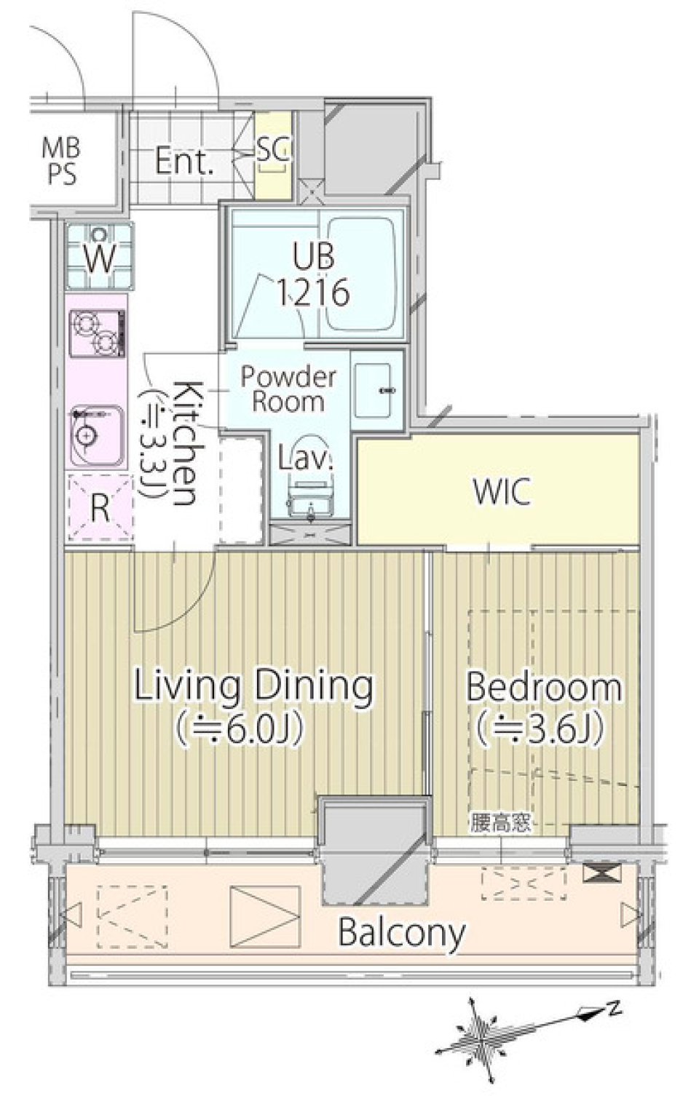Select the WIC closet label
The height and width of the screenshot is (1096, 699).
502,491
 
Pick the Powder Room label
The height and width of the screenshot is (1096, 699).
288,389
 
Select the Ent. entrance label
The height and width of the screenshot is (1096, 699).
184,161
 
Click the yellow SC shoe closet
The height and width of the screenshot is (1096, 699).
274,155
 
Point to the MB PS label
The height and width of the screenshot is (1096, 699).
62,161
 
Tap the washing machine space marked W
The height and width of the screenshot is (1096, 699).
100,255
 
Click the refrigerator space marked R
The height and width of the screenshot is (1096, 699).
100,508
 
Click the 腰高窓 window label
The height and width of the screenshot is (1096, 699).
500,824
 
